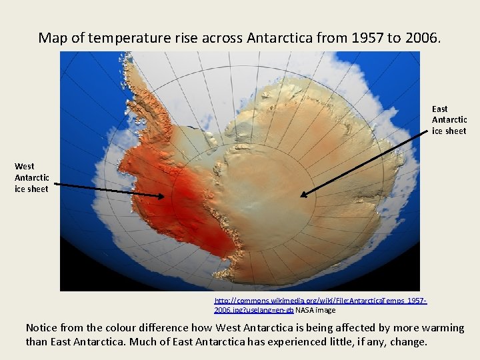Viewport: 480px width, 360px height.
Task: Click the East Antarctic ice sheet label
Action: coord(449,120)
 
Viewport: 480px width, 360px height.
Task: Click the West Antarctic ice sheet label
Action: coord(32,177)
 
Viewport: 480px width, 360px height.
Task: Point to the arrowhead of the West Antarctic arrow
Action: coord(162,196)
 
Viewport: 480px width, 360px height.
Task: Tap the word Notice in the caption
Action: coord(43,328)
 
